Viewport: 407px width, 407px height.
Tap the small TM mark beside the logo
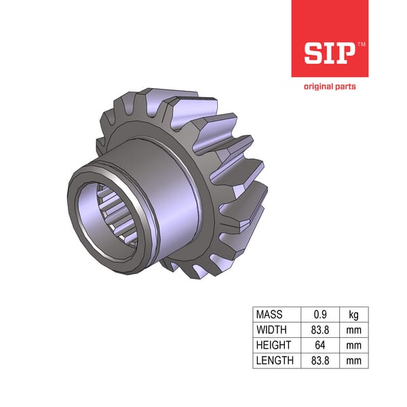(361, 44)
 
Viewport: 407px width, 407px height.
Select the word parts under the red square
(345, 86)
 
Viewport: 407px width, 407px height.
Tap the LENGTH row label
(273, 360)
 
